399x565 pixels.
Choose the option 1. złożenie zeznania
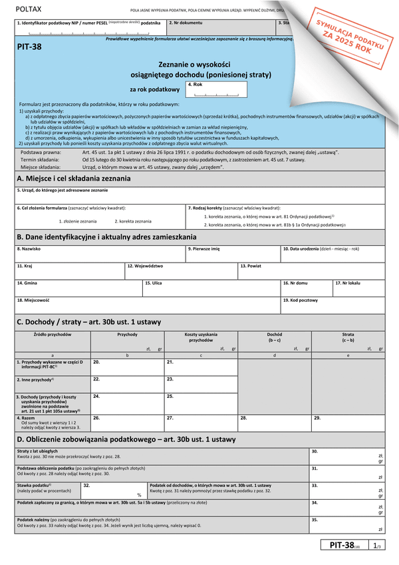pyautogui.click(x=77, y=221)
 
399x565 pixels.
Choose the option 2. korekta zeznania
pyautogui.click(x=132, y=221)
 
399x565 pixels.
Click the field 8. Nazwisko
pyautogui.click(x=99, y=254)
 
